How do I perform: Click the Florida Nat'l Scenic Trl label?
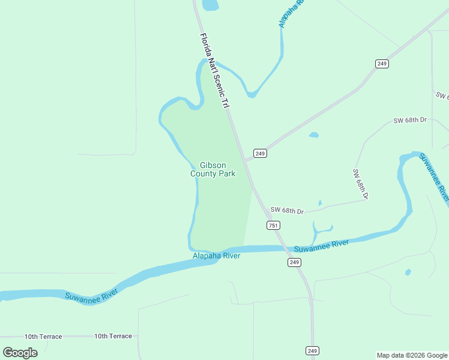click(x=215, y=71)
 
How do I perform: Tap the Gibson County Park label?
click(x=213, y=170)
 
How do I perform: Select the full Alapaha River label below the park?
click(x=216, y=256)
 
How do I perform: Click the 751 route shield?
click(x=273, y=225)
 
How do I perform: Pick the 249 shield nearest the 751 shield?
click(x=294, y=262)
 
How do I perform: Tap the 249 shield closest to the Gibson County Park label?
click(x=259, y=154)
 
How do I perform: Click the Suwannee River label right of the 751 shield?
click(x=321, y=245)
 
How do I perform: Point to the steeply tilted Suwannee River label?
click(x=434, y=177)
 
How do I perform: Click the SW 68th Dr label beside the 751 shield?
click(x=287, y=211)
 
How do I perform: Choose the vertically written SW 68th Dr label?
click(x=360, y=184)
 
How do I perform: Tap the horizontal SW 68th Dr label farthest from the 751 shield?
click(x=409, y=120)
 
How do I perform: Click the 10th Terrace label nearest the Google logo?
click(x=43, y=337)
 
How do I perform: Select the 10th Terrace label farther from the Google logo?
click(x=113, y=336)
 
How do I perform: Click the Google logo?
click(x=20, y=352)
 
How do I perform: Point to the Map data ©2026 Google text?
click(x=411, y=355)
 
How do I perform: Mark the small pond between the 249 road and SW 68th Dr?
click(x=313, y=135)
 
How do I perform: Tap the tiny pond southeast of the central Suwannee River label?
click(x=408, y=272)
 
